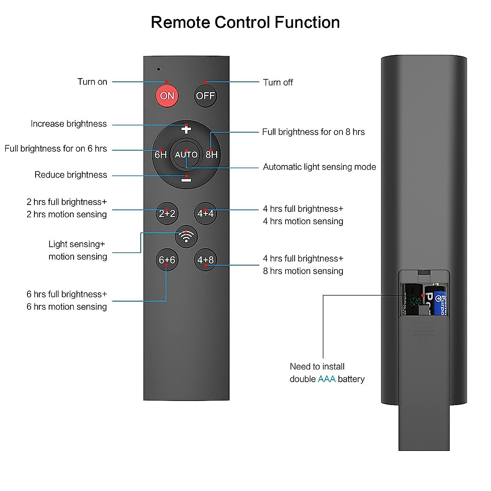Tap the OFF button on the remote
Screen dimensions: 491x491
click(205, 96)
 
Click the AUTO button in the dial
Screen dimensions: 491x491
click(186, 155)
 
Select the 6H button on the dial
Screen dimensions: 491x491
click(160, 155)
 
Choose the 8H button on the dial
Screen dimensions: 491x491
click(212, 155)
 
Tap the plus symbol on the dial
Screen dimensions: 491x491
click(186, 129)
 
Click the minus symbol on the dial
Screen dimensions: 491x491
click(186, 180)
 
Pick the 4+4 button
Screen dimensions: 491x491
click(205, 213)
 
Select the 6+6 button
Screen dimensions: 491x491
click(167, 260)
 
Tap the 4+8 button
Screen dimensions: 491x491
click(205, 260)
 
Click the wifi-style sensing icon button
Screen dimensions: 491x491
click(186, 236)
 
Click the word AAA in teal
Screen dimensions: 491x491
click(327, 379)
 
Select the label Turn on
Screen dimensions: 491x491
click(92, 82)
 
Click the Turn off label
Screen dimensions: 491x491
click(278, 83)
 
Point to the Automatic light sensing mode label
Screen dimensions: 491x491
click(319, 167)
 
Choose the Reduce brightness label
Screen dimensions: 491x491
click(71, 175)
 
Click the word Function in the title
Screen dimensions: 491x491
click(307, 23)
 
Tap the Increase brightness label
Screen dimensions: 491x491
click(69, 124)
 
